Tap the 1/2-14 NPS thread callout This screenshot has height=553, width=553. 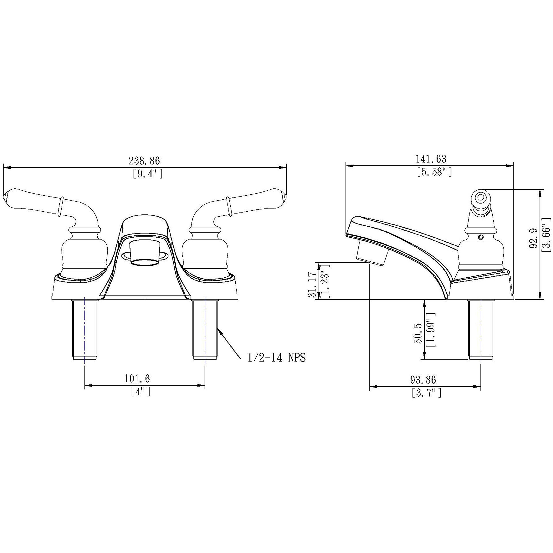coord(276,358)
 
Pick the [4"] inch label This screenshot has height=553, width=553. coord(140,391)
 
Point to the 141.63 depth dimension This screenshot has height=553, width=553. coord(431,159)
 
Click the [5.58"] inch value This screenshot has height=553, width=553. coord(434,172)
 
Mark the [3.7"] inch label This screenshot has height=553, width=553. coord(426,393)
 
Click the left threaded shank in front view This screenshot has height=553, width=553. coord(84,329)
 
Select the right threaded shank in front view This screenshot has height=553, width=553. coord(205,329)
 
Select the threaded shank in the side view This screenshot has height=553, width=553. coord(481,329)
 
